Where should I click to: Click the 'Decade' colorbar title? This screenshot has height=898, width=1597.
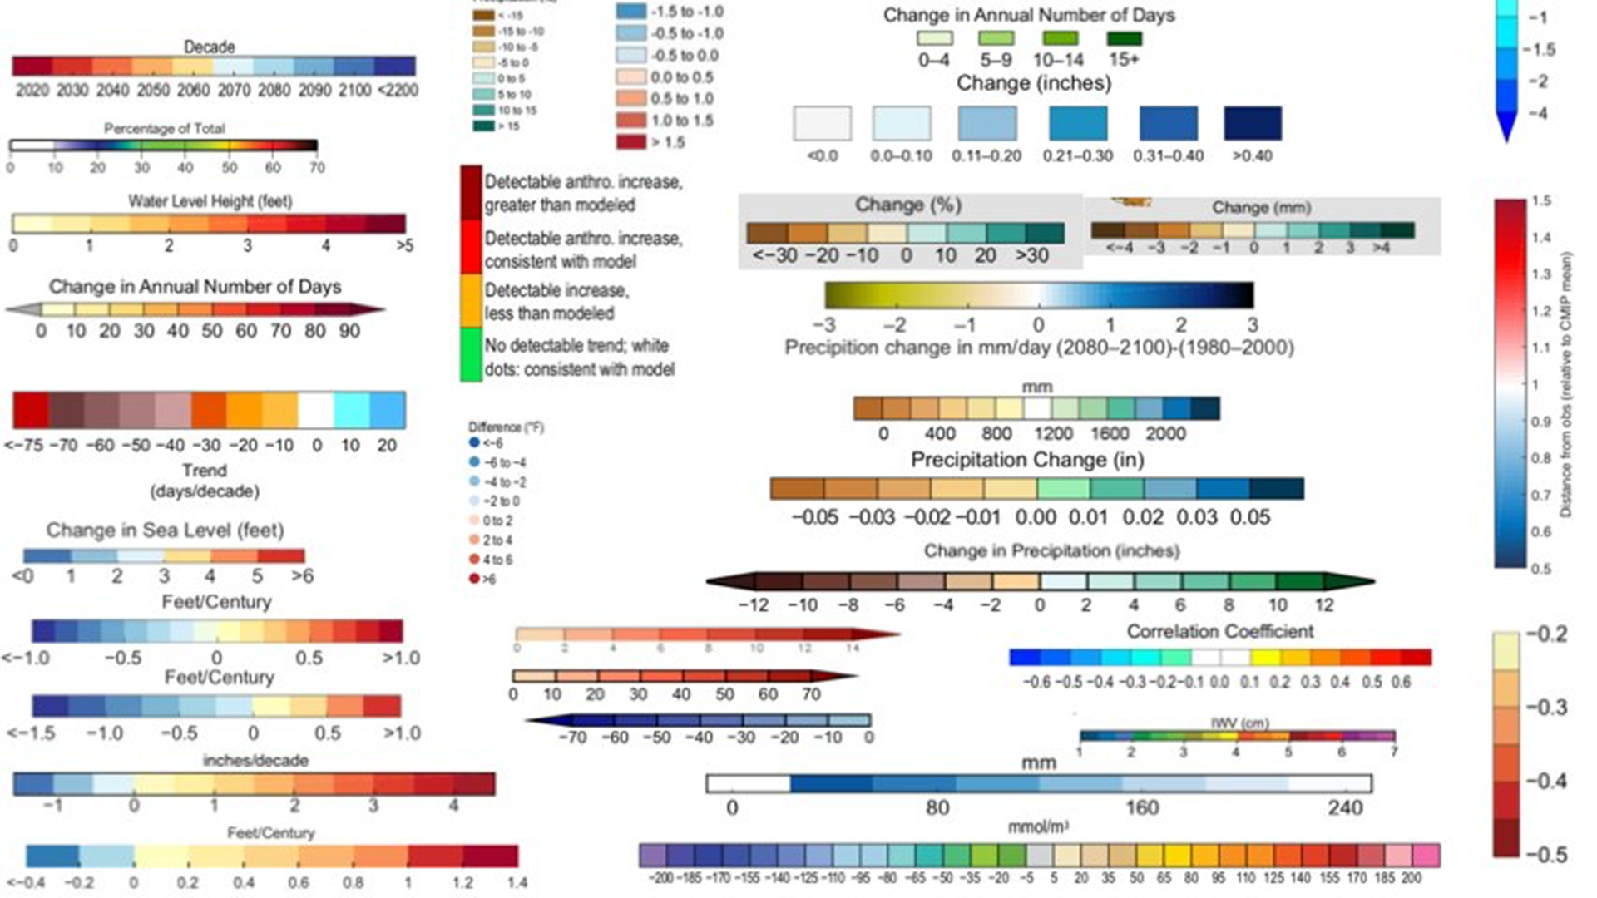209,47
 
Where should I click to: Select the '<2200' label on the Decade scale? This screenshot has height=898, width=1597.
398,90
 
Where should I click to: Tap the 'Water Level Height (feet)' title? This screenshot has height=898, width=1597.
210,201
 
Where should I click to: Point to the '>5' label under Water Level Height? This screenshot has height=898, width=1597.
404,245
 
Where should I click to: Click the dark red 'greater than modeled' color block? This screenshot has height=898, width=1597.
472,192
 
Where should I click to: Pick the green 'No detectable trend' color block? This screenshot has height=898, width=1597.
472,356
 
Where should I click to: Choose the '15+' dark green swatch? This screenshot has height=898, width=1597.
1124,39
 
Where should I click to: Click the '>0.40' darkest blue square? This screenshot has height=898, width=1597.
1252,123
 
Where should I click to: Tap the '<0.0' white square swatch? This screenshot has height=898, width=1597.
822,123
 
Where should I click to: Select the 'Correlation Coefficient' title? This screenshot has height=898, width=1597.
1219,631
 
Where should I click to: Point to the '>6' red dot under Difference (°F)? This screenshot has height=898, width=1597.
474,579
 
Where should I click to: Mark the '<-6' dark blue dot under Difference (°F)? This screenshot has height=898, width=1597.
474,442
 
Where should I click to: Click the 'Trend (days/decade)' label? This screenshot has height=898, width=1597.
205,481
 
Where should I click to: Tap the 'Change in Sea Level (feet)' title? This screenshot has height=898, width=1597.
165,530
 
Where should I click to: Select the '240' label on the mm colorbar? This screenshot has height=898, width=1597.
1344,807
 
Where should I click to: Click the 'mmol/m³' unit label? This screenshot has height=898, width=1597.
1037,827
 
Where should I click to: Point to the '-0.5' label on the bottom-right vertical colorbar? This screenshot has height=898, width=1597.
1546,855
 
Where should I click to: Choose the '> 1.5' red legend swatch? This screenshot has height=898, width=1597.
631,142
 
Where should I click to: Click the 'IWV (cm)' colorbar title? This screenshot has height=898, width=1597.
1239,723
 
